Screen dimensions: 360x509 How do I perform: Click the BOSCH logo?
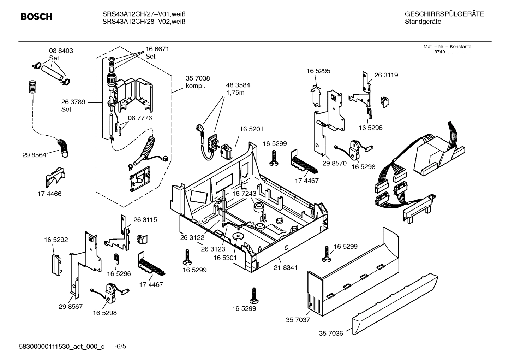tap(36, 17)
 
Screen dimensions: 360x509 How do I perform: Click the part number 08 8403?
tap(61, 51)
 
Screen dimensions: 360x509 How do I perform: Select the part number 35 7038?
tap(198, 78)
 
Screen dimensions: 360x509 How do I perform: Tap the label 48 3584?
tap(238, 85)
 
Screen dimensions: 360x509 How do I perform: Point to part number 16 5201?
tap(251, 129)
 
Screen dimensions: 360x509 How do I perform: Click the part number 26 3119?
tap(386, 75)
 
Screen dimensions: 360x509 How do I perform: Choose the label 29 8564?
tap(34, 155)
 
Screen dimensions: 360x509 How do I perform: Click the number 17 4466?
tap(49, 194)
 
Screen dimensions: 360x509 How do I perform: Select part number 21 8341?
tap(285, 268)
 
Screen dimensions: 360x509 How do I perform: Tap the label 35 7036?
tap(331, 333)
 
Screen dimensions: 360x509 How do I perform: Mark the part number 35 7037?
tap(298, 320)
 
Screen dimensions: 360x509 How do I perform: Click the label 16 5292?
tap(56, 240)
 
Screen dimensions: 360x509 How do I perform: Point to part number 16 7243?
tap(244, 194)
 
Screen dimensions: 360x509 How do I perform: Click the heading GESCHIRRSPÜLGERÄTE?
tap(444, 14)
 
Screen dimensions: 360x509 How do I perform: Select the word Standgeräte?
tap(423, 22)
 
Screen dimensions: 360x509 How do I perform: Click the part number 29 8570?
tap(334, 163)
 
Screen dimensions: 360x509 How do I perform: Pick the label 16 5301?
tap(225, 258)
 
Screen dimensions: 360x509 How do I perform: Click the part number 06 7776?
tap(140, 118)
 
